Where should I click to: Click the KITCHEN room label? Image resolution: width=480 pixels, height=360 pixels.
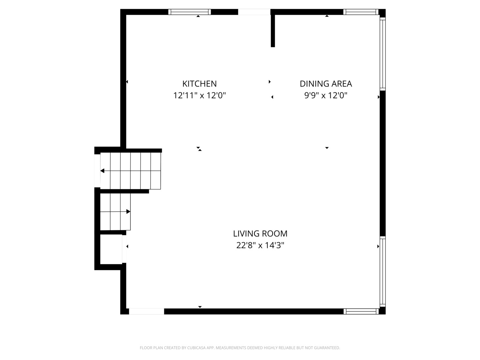coord(199,84)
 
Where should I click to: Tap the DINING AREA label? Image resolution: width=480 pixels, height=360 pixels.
coord(326,84)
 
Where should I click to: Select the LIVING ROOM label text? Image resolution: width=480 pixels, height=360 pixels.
coord(260,234)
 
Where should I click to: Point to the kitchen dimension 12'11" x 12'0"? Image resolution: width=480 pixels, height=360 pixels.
coord(199,96)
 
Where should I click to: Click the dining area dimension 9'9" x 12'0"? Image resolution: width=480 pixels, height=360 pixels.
coord(326,96)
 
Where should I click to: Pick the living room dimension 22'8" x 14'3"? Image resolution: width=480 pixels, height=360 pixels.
coord(260,245)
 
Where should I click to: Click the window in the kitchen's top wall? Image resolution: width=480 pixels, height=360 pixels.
coord(190,12)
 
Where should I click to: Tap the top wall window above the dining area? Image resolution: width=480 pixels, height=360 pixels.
coord(361,12)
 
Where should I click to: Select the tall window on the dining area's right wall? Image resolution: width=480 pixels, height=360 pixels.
coord(382,54)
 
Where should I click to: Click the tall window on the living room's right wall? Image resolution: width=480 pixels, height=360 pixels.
coord(382,271)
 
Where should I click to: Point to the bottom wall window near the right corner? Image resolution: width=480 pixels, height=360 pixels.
coord(361,311)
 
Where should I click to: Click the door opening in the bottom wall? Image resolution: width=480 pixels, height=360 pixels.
coord(147,311)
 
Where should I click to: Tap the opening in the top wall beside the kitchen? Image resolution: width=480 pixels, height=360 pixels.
coord(254,12)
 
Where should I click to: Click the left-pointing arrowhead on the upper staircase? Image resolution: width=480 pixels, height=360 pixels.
coord(102,171)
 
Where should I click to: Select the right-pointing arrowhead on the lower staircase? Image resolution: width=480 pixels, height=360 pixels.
coord(128,211)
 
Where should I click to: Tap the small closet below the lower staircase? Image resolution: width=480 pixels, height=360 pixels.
coord(111,249)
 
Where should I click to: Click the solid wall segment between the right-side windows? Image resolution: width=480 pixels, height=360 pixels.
coord(382,163)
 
